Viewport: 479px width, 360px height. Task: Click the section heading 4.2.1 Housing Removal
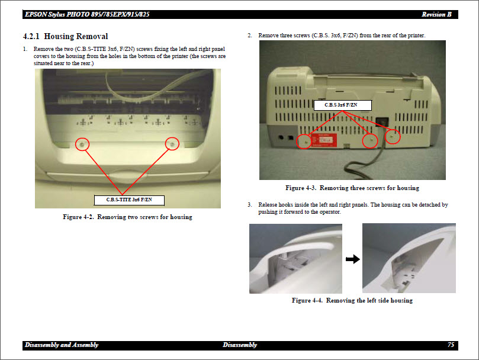(x=65, y=37)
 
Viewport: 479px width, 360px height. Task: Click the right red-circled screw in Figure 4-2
(x=172, y=143)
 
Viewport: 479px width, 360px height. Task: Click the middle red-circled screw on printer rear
(x=370, y=140)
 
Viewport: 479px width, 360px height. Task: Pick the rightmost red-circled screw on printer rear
(x=393, y=136)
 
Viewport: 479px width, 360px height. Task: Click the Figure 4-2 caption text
(x=127, y=217)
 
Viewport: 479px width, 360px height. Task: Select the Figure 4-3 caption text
(x=352, y=188)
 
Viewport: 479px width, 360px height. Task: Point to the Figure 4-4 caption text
(x=352, y=301)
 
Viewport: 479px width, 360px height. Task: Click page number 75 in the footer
(x=451, y=345)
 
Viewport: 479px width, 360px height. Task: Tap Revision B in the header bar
(x=437, y=14)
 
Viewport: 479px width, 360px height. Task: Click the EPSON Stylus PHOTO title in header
(x=86, y=14)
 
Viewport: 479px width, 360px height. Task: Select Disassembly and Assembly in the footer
(x=62, y=345)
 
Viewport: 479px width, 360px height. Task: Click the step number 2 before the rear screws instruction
(x=250, y=36)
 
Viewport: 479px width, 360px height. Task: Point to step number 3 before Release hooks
(x=250, y=205)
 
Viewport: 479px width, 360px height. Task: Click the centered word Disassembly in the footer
(x=240, y=345)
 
